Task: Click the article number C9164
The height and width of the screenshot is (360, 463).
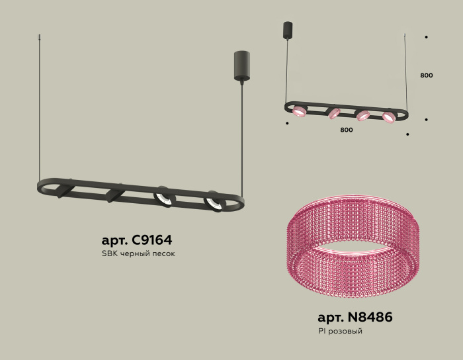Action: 151,240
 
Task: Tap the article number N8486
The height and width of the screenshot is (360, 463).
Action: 370,317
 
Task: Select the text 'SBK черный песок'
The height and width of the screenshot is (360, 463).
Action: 138,253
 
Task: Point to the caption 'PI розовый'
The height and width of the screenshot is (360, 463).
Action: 340,331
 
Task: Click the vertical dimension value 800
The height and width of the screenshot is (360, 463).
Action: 427,75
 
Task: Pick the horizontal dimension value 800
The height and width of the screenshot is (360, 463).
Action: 347,130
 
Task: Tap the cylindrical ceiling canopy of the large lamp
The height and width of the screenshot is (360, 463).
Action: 242,66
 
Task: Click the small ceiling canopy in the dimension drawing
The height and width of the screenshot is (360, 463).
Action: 288,30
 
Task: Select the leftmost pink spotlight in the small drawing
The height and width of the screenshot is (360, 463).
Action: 300,111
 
